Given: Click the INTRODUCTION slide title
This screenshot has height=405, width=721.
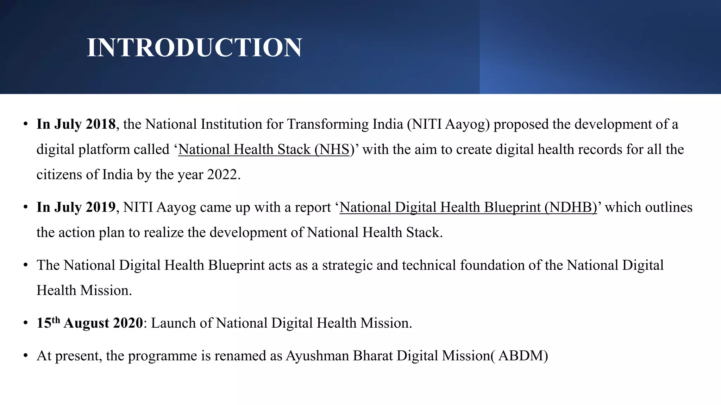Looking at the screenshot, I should pyautogui.click(x=194, y=47).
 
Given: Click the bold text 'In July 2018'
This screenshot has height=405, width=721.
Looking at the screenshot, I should pyautogui.click(x=76, y=124).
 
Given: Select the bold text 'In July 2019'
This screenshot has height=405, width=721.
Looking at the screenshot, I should pyautogui.click(x=76, y=207).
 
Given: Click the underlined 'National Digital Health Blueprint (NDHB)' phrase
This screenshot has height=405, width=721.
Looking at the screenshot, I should pyautogui.click(x=468, y=207).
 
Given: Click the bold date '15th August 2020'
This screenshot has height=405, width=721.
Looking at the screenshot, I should pyautogui.click(x=90, y=323).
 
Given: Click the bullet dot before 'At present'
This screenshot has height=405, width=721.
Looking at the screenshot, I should pyautogui.click(x=25, y=356).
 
